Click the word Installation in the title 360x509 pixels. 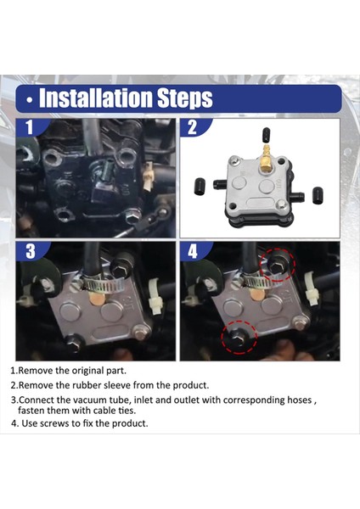click(96, 98)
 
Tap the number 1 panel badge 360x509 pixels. click(30, 127)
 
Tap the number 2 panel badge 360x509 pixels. click(193, 127)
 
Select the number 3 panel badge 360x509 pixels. click(31, 251)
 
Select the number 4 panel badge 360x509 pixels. click(193, 252)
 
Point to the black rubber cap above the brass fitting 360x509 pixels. click(266, 135)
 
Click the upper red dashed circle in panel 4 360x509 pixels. click(278, 264)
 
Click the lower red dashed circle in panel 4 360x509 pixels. click(239, 337)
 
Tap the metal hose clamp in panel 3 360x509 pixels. click(104, 283)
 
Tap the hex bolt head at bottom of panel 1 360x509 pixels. click(133, 215)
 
